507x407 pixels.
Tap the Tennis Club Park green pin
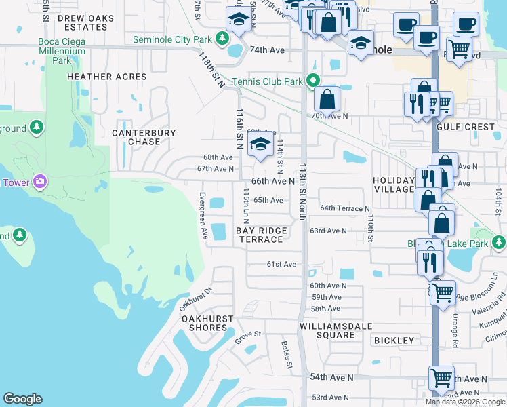(x=312, y=81)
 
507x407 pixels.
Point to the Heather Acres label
(x=107, y=77)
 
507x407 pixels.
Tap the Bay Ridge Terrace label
(x=261, y=235)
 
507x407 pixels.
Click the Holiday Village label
(x=393, y=185)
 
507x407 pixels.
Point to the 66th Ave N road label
(x=273, y=182)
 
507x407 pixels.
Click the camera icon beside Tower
(x=40, y=181)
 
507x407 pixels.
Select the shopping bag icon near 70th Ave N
(x=327, y=99)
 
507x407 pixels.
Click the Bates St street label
(x=287, y=355)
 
